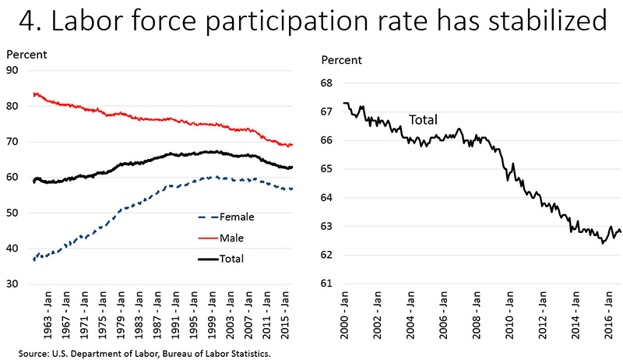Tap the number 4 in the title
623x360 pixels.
click(30, 21)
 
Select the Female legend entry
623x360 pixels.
click(238, 217)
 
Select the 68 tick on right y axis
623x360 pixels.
click(326, 83)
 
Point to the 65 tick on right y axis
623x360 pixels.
click(326, 169)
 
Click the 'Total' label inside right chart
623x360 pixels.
click(423, 120)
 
